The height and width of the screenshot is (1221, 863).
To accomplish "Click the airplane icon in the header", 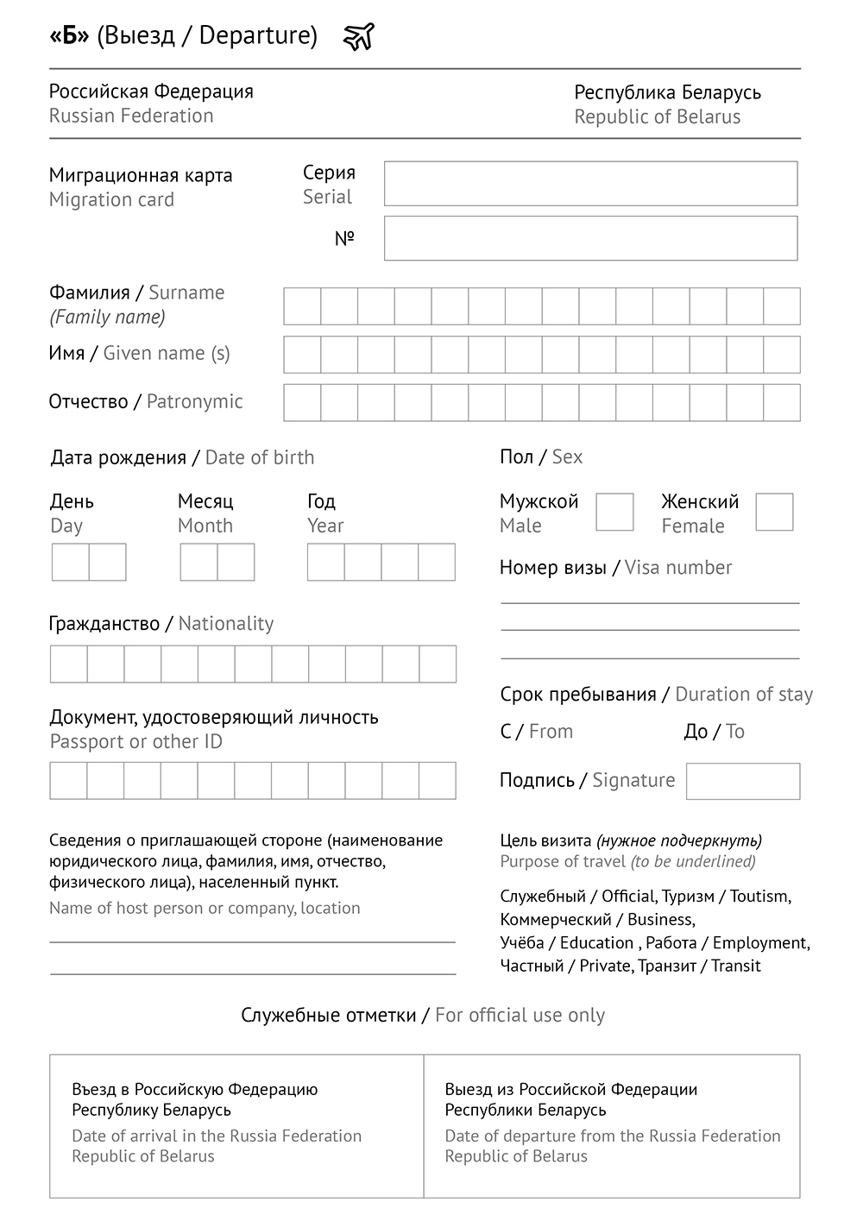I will coord(359,36).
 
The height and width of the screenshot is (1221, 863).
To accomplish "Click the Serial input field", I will coord(590,184).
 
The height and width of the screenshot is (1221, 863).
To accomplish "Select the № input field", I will coord(590,238).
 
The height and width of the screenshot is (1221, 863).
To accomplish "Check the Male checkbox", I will coord(614,513).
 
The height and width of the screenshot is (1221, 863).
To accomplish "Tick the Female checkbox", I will coord(774,513).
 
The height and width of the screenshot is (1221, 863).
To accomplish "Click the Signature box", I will coord(742,781).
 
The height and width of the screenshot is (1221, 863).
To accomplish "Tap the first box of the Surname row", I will coord(302,306).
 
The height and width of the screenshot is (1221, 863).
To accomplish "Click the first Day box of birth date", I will coord(71,563).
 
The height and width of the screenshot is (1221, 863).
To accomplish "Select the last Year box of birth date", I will coord(437,563).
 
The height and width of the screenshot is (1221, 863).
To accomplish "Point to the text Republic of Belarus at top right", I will coord(658,117).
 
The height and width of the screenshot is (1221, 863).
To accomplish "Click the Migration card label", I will coord(111,200).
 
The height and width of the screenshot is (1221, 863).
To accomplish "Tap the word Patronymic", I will coord(195,401).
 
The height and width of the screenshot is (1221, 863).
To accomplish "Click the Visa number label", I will coord(678,568).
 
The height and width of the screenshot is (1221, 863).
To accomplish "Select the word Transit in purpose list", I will coord(736,966).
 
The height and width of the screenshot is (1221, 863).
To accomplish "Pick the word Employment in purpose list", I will coord(759,943).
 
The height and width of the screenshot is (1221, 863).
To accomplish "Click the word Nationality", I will coord(226,624).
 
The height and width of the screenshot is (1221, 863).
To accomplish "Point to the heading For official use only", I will coord(520,1016).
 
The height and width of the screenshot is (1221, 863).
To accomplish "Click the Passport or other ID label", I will coord(135,742).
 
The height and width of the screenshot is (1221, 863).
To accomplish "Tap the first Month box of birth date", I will coord(198,563).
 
